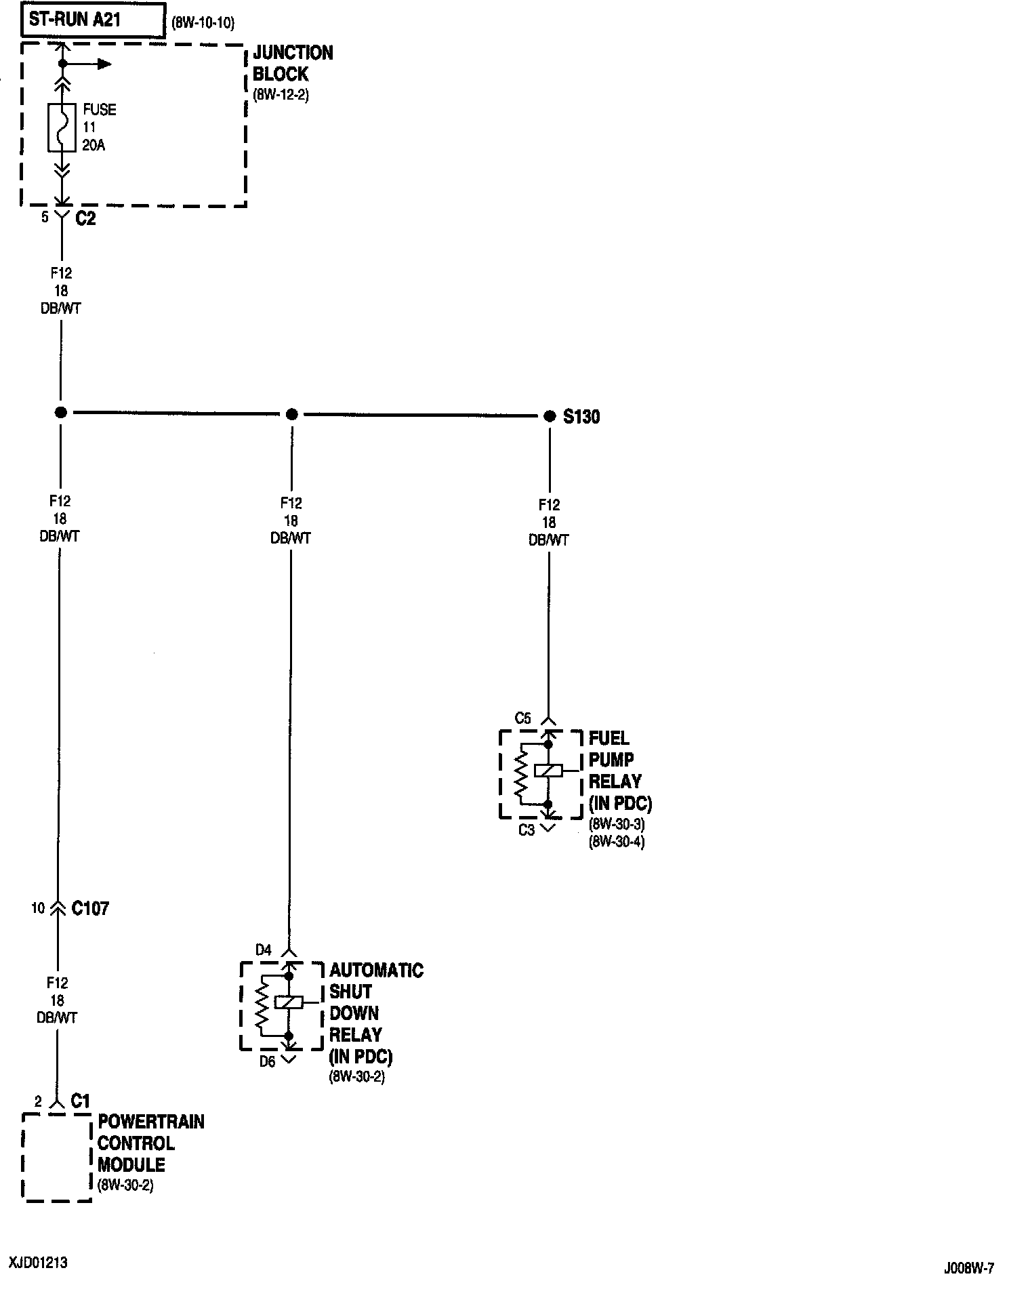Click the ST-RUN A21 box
click(95, 20)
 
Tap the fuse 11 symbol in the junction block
click(62, 127)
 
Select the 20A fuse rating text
click(94, 145)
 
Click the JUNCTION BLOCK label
click(293, 63)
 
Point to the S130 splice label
click(581, 417)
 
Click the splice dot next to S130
click(550, 415)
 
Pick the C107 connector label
click(90, 908)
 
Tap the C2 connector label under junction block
click(85, 218)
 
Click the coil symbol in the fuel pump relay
click(548, 771)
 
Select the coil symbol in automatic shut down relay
click(289, 1002)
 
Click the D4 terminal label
click(263, 950)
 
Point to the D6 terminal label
click(268, 1061)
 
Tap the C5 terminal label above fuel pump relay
click(523, 718)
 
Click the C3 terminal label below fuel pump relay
click(527, 830)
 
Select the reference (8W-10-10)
click(203, 23)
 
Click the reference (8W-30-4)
click(617, 842)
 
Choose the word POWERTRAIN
click(151, 1122)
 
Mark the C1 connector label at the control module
click(80, 1101)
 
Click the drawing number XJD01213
click(38, 1263)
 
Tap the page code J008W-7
click(969, 1268)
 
